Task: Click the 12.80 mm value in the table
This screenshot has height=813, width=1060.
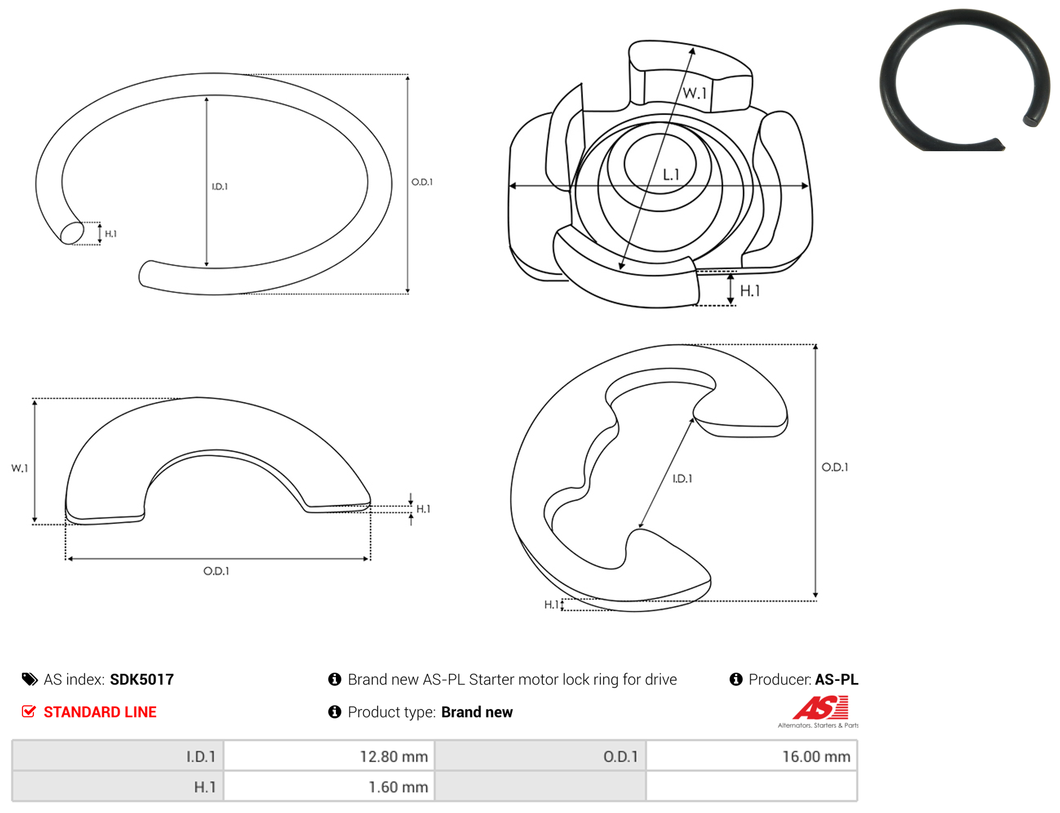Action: click(394, 757)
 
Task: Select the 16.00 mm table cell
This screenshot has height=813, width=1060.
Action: click(751, 756)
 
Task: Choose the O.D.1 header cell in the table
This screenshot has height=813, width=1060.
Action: click(540, 756)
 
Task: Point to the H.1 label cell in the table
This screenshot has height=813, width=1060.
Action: click(118, 787)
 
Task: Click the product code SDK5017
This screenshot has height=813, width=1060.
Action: click(142, 680)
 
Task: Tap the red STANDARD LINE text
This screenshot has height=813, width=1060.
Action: click(100, 713)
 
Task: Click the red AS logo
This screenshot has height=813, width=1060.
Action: click(821, 708)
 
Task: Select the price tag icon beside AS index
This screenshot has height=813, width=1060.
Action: click(29, 680)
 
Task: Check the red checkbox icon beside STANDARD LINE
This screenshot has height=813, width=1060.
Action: click(29, 712)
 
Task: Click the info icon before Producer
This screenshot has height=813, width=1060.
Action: click(736, 680)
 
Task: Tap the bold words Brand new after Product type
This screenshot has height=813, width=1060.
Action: click(477, 713)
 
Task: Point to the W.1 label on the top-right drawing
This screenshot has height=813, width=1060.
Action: click(695, 93)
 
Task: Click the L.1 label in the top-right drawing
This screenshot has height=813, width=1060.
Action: click(671, 174)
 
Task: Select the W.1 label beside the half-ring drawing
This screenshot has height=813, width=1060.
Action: click(20, 469)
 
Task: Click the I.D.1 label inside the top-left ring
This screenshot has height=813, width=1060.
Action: click(220, 187)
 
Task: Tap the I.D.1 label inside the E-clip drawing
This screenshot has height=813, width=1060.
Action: click(682, 478)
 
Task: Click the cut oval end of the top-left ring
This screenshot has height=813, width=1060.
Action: click(72, 232)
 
